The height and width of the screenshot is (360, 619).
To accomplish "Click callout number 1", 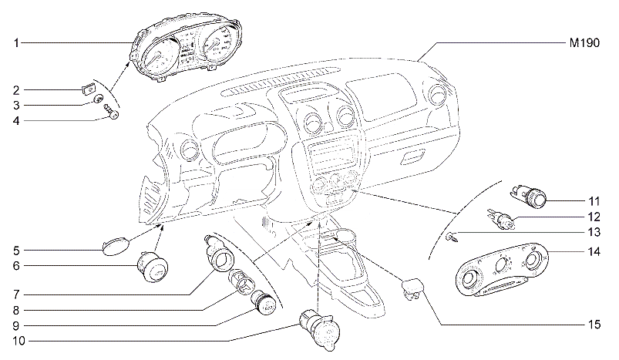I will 16,42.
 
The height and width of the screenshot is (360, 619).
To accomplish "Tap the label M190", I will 584,45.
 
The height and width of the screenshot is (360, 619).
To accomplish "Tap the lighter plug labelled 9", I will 264,304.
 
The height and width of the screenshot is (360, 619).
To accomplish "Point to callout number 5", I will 16,251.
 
